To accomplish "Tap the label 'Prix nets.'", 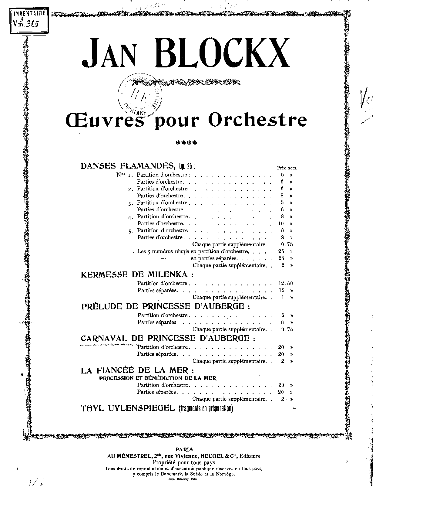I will (x=287, y=168).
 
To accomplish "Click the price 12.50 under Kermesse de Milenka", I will (x=285, y=283).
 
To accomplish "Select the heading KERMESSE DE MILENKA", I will (x=137, y=274).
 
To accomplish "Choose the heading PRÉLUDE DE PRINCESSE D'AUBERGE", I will (x=166, y=306).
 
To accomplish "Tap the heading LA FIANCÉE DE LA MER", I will (x=137, y=370).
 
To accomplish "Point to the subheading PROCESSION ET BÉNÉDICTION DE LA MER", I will (x=158, y=378).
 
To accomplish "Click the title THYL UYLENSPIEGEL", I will (x=128, y=408).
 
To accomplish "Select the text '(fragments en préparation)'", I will (x=205, y=409).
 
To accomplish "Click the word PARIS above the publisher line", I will (x=184, y=449).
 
